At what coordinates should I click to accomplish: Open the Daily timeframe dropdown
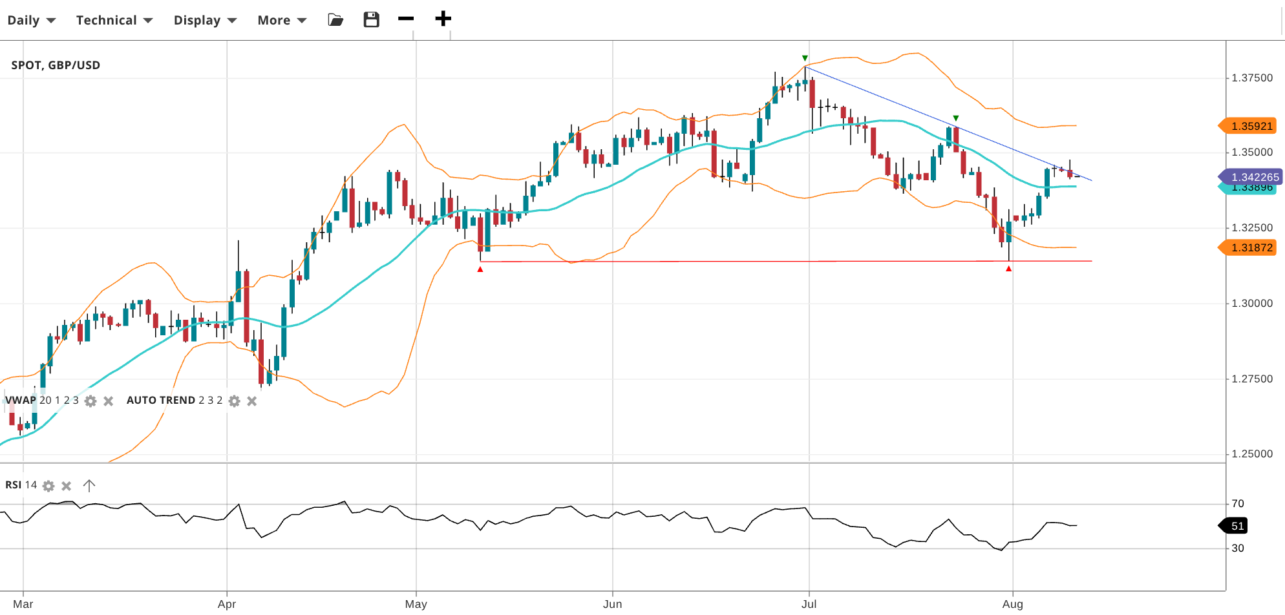point(31,20)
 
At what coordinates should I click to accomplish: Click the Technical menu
point(114,20)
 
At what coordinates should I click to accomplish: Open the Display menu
point(204,20)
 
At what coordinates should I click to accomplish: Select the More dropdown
point(281,20)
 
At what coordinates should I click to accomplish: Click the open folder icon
point(335,19)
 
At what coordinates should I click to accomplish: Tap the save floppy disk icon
point(371,19)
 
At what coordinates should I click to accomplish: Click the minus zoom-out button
point(406,19)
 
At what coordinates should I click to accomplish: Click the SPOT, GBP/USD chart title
point(56,65)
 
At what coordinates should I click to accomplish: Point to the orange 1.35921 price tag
point(1249,126)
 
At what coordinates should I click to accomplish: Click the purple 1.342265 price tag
point(1252,176)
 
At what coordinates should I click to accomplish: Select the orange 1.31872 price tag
point(1249,247)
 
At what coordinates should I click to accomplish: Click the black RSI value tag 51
point(1235,526)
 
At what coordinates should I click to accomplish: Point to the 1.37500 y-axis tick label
point(1252,78)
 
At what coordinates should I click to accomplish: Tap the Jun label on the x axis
point(612,604)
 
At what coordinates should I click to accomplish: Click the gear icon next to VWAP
point(90,401)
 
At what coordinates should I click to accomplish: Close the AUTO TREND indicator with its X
point(252,401)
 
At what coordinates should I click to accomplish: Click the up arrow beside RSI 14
point(89,485)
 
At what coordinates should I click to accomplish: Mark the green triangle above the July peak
point(805,58)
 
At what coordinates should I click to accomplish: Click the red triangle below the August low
point(1008,269)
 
